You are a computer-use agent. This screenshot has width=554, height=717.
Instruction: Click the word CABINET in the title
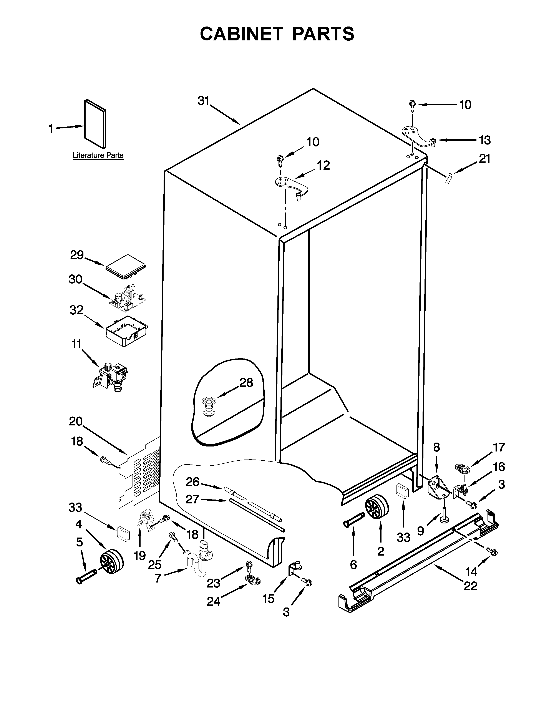(x=241, y=34)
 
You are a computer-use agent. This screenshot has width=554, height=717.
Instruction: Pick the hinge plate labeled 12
(x=291, y=185)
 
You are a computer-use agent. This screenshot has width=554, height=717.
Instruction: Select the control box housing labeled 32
(x=126, y=331)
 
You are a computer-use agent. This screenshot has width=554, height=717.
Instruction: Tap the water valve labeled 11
(x=110, y=376)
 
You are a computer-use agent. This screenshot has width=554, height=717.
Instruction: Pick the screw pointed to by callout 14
(x=492, y=552)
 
